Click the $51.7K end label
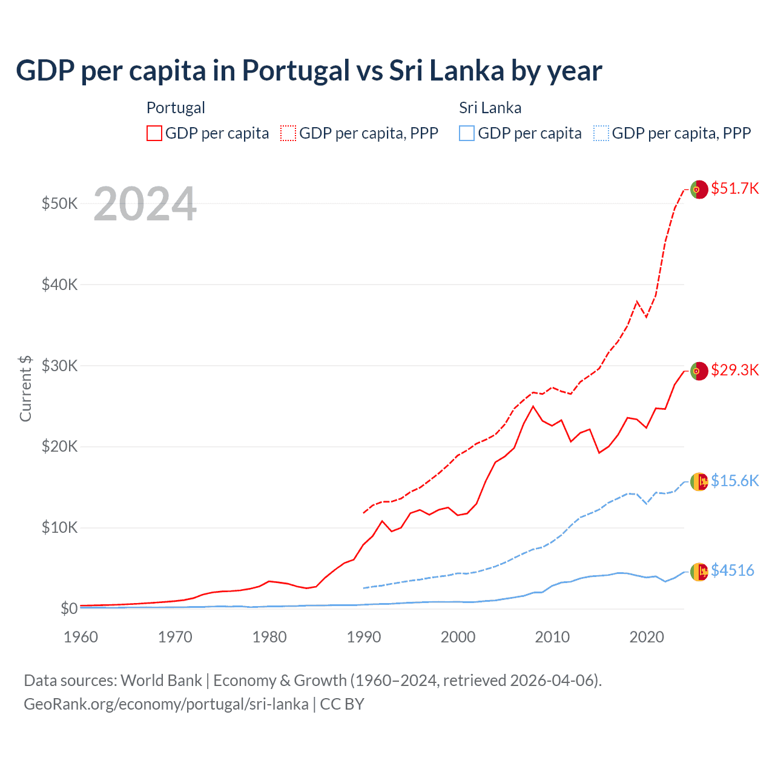pyautogui.click(x=734, y=188)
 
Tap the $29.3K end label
pyautogui.click(x=734, y=370)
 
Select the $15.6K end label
pyautogui.click(x=734, y=481)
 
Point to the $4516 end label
pyautogui.click(x=732, y=570)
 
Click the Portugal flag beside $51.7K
pyautogui.click(x=699, y=190)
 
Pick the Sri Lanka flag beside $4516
pyautogui.click(x=699, y=572)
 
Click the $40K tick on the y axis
pyautogui.click(x=59, y=285)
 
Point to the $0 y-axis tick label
pyautogui.click(x=69, y=608)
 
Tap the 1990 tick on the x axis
pyautogui.click(x=364, y=637)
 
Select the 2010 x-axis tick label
pyautogui.click(x=552, y=637)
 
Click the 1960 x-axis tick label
pyautogui.click(x=81, y=637)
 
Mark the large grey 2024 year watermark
pyautogui.click(x=145, y=205)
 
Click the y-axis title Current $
pyautogui.click(x=25, y=388)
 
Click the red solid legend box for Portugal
pyautogui.click(x=154, y=133)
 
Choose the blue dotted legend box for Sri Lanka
pyautogui.click(x=601, y=133)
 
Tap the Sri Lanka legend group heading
pyautogui.click(x=490, y=108)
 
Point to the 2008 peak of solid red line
pyautogui.click(x=533, y=406)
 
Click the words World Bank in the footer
pyautogui.click(x=161, y=681)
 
